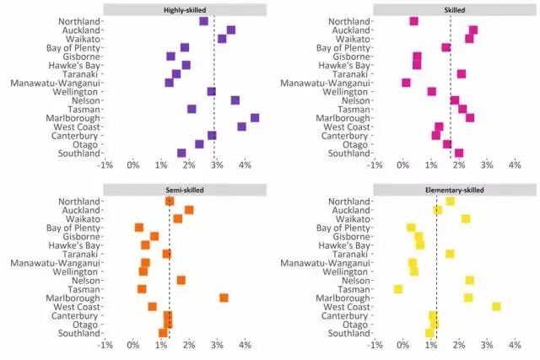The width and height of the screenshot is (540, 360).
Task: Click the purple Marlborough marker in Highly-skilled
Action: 255,118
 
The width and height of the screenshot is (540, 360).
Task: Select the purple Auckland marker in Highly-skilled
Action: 230,30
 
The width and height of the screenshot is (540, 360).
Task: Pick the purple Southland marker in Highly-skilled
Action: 181,153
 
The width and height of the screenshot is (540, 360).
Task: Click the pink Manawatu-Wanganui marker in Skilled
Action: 406,83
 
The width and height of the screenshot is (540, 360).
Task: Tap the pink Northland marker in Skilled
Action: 413,21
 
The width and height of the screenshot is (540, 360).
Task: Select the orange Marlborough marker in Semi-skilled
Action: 224,298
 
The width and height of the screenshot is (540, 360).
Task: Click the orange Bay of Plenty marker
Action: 139,228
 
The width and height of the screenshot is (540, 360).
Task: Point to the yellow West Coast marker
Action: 496,307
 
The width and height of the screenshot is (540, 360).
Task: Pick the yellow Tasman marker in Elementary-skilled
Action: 398,289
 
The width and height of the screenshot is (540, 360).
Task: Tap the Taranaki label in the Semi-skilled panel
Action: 80,254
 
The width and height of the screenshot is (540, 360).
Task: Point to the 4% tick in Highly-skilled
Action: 245,166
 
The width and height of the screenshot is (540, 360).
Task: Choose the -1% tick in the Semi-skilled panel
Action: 105,346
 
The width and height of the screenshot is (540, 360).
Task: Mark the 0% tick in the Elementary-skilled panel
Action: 403,346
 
